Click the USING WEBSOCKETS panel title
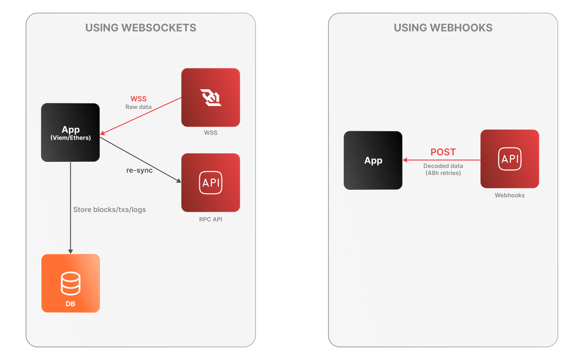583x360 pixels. (140, 28)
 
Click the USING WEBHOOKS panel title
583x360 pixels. (443, 28)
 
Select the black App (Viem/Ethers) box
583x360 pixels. (70, 133)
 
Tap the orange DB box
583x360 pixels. (70, 284)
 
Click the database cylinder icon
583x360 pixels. (70, 284)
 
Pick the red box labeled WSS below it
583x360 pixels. (210, 98)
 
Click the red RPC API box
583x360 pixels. (210, 182)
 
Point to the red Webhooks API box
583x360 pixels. (509, 159)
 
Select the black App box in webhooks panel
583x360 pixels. (373, 160)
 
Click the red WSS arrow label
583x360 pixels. (138, 99)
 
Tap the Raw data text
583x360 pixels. (138, 107)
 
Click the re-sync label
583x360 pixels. (139, 170)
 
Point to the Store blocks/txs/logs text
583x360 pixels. (109, 210)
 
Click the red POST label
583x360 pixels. (443, 152)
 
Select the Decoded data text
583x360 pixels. (443, 166)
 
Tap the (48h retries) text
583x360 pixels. (443, 173)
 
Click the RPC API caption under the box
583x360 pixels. (210, 219)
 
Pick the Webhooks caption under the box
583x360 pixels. (509, 195)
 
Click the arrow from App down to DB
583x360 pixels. (70, 208)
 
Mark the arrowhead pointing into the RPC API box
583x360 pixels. (179, 181)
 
